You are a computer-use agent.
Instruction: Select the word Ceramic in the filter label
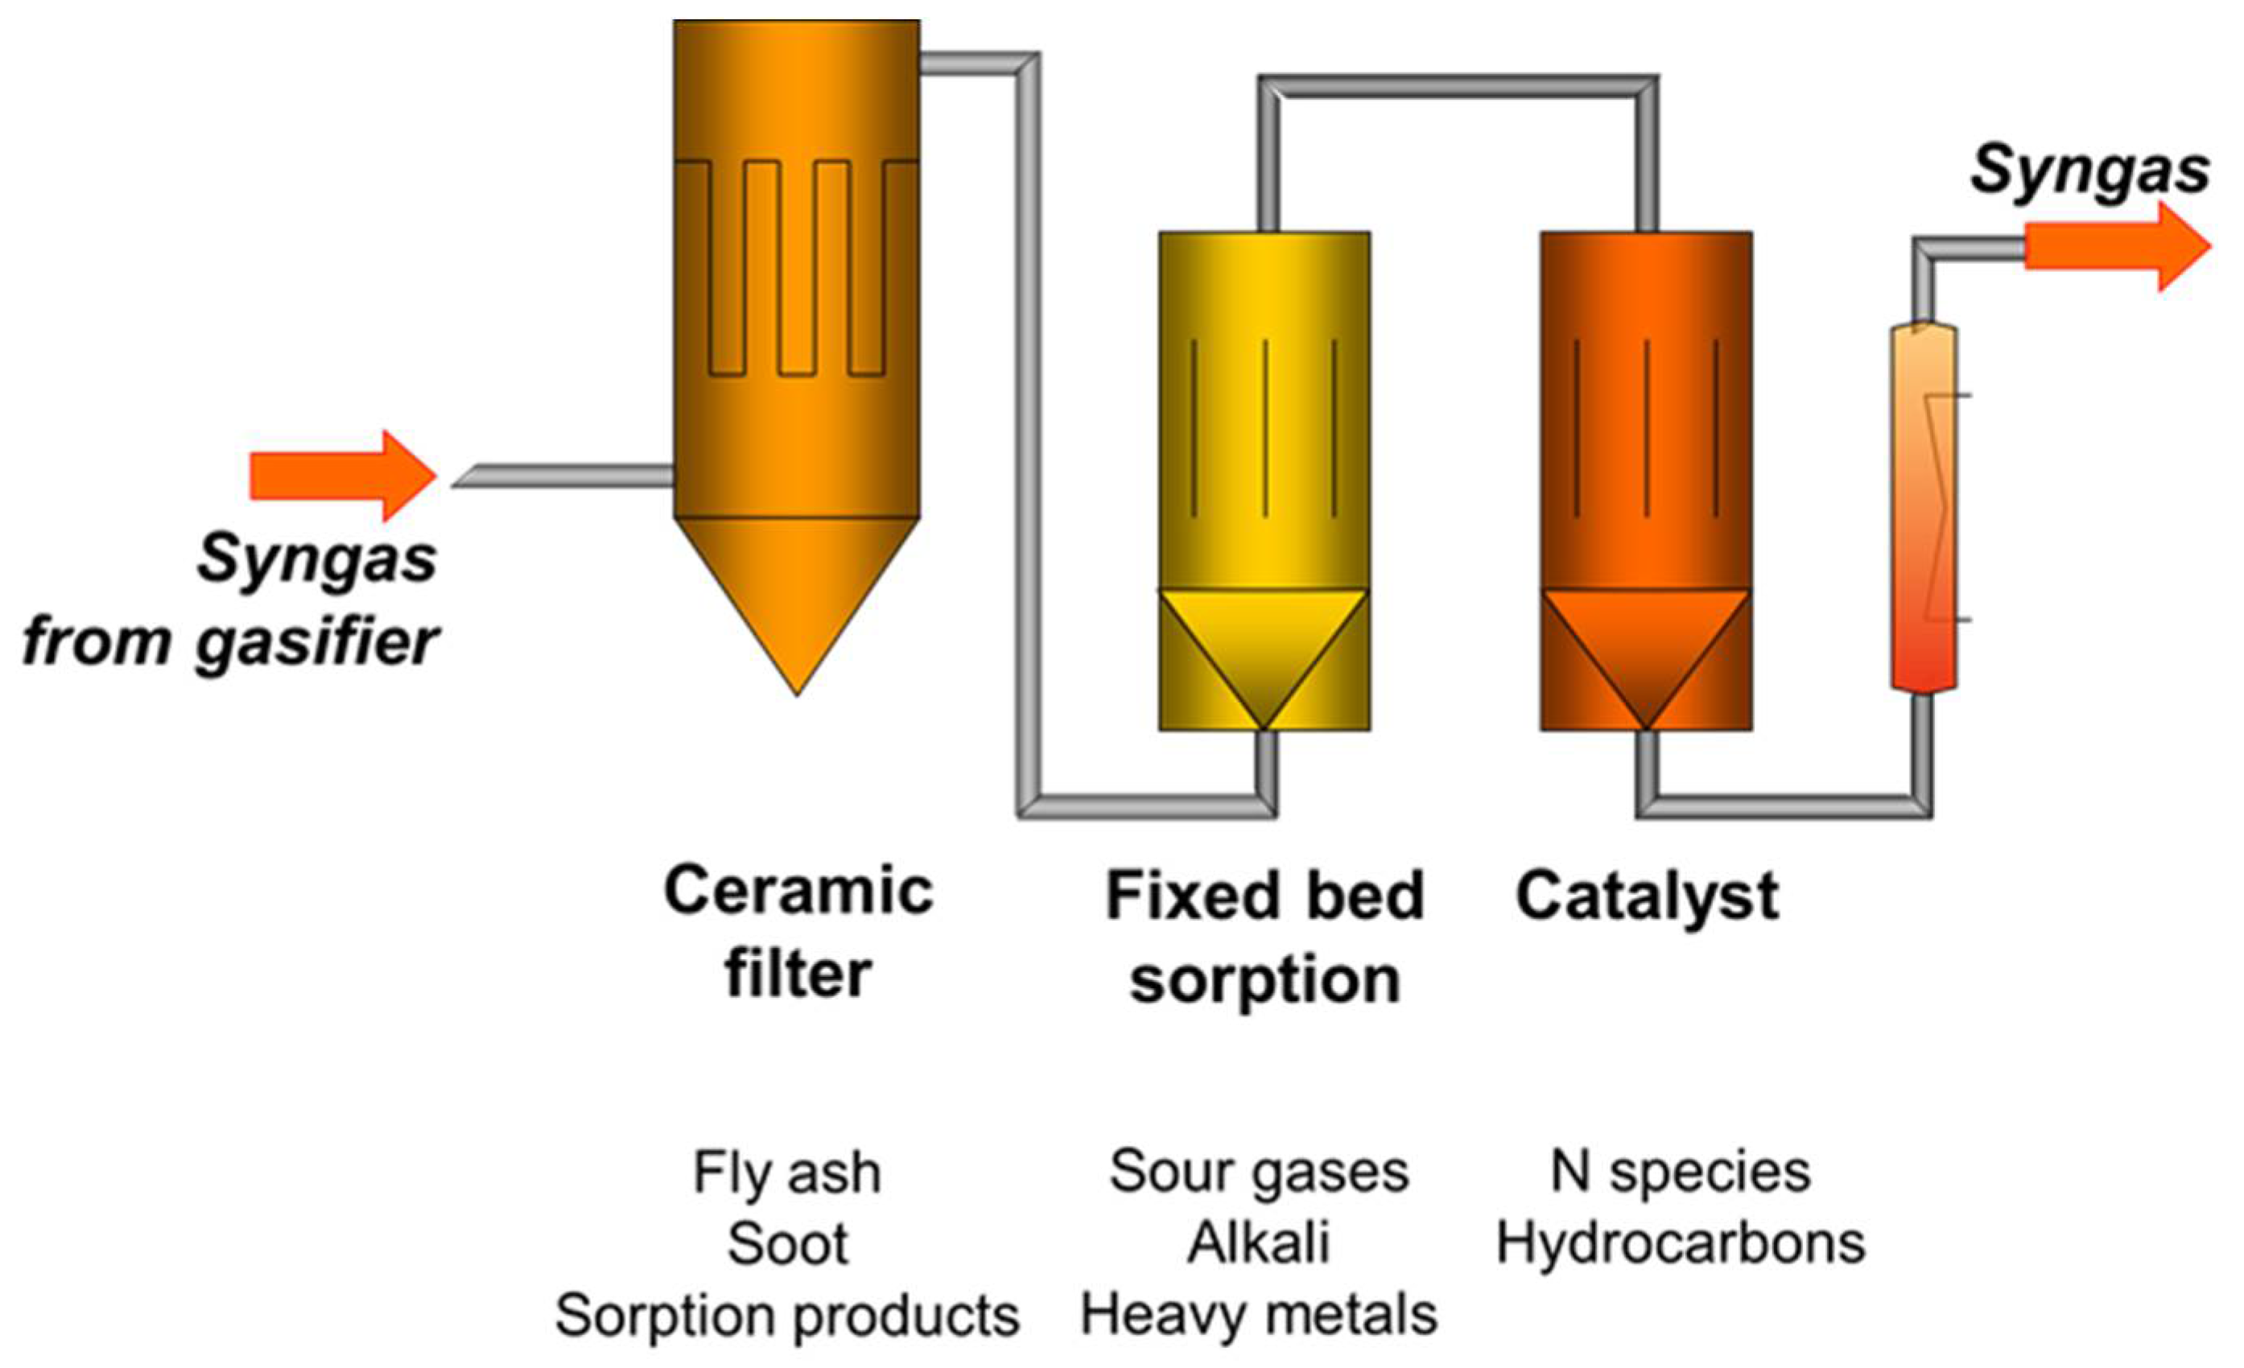[x=798, y=891]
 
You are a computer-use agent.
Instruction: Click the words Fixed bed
[x=1264, y=896]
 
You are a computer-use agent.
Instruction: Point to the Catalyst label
[x=1647, y=896]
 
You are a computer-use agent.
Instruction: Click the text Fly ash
[x=787, y=1172]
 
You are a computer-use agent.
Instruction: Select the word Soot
[x=788, y=1243]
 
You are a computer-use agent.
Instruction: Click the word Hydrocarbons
[x=1681, y=1243]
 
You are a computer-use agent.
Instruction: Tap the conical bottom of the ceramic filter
[x=797, y=583]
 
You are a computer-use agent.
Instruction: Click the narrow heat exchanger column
[x=1924, y=510]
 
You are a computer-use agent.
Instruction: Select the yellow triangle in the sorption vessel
[x=1264, y=637]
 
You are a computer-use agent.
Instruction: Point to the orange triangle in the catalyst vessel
[x=1647, y=637]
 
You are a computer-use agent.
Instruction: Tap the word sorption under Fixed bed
[x=1264, y=982]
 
